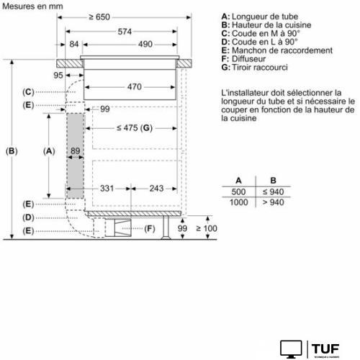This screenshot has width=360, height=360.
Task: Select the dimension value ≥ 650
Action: [120, 16]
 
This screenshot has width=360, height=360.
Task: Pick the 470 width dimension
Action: [130, 86]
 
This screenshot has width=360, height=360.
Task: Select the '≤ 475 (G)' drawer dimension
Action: [135, 128]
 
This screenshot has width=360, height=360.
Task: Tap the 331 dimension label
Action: [107, 188]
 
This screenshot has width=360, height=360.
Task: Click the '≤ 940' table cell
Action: [272, 192]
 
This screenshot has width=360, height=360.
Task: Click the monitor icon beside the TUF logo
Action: [290, 348]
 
